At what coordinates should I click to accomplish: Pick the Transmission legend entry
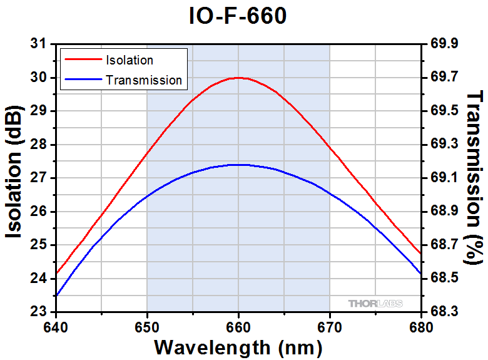144,80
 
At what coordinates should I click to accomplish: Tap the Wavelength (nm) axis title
238,347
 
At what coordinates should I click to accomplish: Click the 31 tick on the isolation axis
39,44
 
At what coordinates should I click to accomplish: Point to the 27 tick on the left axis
39,178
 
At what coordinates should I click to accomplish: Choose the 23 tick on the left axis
39,312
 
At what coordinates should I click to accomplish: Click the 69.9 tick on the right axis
445,44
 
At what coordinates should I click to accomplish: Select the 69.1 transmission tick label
445,178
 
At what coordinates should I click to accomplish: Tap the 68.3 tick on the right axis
445,312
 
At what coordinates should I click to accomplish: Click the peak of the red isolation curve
238,78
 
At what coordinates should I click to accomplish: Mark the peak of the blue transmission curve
238,165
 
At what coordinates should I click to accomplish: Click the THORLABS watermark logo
375,304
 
